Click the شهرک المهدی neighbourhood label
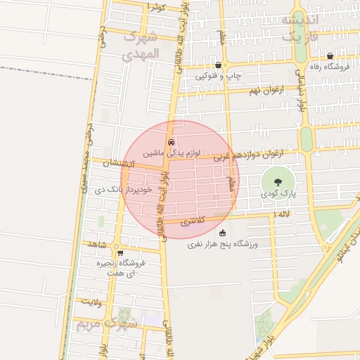click(x=141, y=44)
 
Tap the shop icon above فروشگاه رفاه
click(x=330, y=56)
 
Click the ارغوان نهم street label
click(x=268, y=90)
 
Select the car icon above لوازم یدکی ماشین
click(x=172, y=141)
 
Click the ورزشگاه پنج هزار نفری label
click(x=223, y=244)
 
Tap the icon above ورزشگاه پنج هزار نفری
click(x=223, y=233)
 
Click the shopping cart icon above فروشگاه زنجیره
click(x=120, y=253)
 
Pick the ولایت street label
click(x=92, y=302)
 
